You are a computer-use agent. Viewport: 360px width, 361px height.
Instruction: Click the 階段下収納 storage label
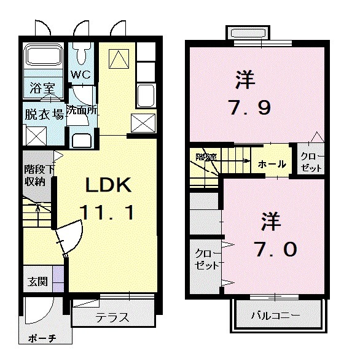click(x=35, y=176)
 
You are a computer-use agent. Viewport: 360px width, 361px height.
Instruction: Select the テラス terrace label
click(x=111, y=318)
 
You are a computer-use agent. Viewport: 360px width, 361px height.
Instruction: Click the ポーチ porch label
click(x=42, y=340)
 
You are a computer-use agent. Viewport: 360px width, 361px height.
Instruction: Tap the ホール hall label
click(x=271, y=164)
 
